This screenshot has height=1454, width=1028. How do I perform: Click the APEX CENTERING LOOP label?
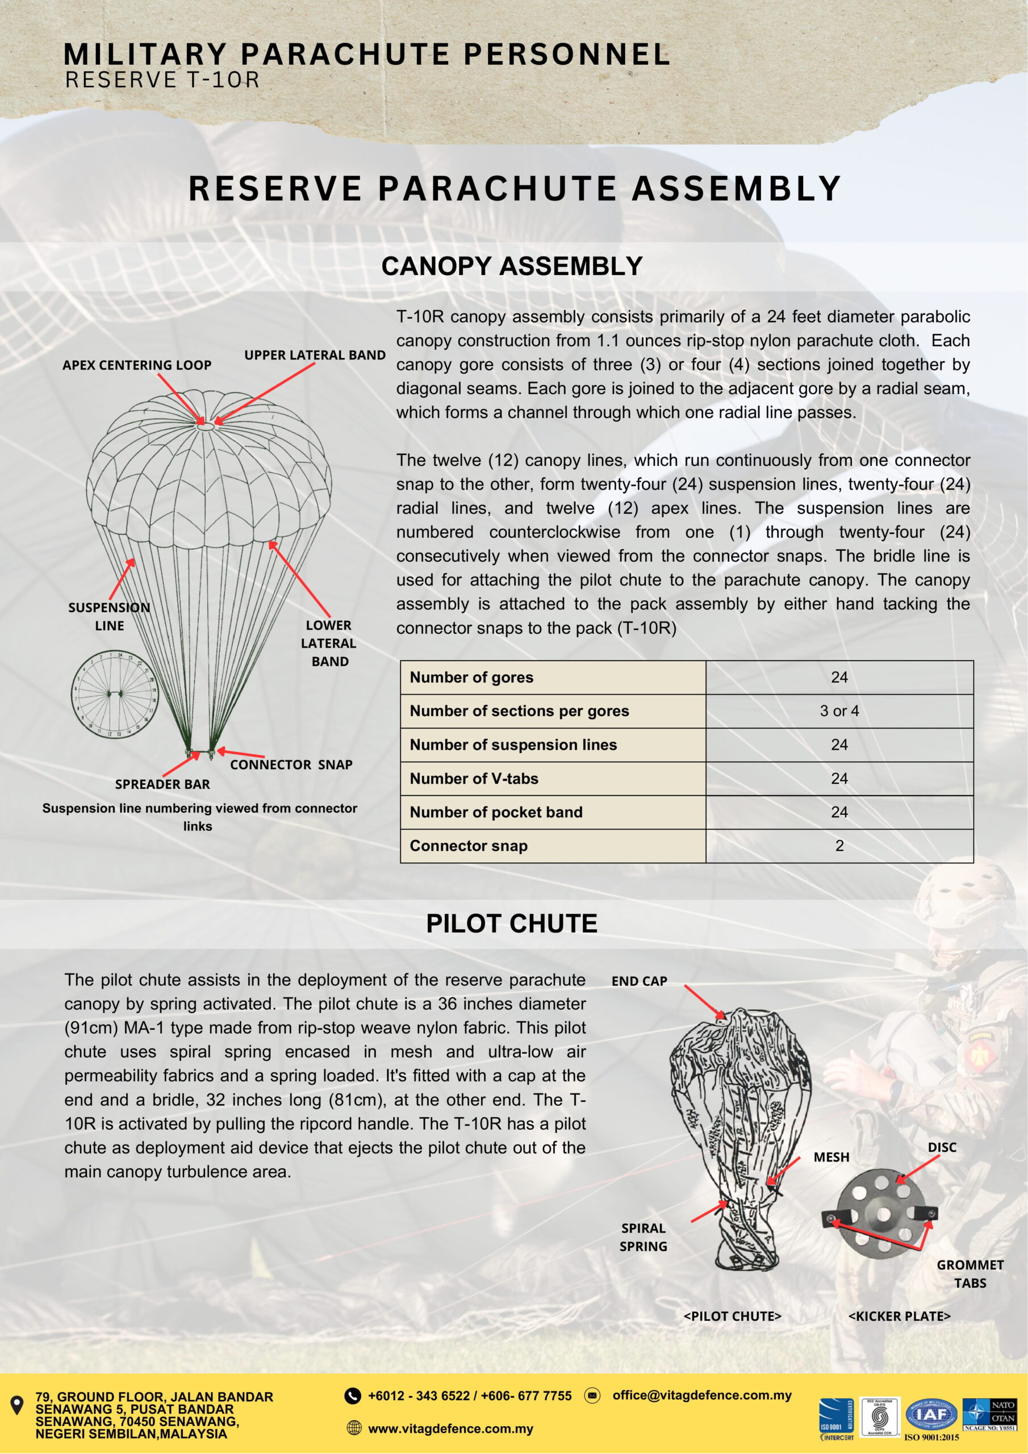coord(137,365)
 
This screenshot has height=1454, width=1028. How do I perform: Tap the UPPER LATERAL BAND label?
coord(315,356)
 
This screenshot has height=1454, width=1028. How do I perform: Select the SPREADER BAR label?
coord(162,784)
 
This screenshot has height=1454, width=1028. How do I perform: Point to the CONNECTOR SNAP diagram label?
coord(291,764)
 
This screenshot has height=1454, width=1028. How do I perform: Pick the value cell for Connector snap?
coord(839,846)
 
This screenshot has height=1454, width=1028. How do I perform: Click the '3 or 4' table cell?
coord(839,711)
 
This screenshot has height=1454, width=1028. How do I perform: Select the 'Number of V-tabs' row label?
coord(474,778)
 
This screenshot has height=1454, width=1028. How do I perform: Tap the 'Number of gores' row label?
coord(471,678)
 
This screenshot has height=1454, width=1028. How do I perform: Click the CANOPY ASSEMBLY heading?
coord(512,266)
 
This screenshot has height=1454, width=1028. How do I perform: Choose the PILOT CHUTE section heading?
coord(512,924)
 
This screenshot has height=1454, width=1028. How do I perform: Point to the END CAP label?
coord(639,981)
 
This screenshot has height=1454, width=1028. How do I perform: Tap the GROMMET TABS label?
coord(970,1273)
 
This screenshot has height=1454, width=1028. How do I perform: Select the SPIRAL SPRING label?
coord(643,1237)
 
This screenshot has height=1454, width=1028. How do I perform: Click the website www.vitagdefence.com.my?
coord(450,1428)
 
